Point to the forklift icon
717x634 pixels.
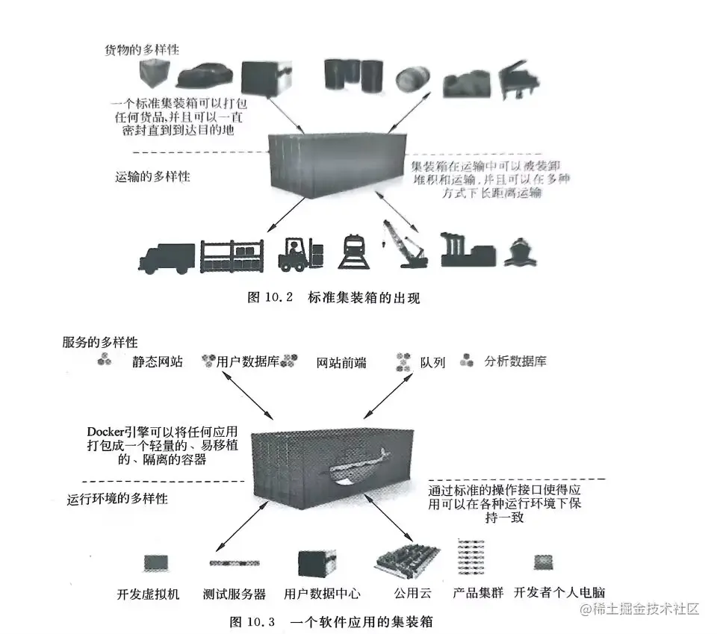301,253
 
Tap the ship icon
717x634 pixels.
521,254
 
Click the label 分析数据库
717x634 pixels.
515,361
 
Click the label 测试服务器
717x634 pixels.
235,594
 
